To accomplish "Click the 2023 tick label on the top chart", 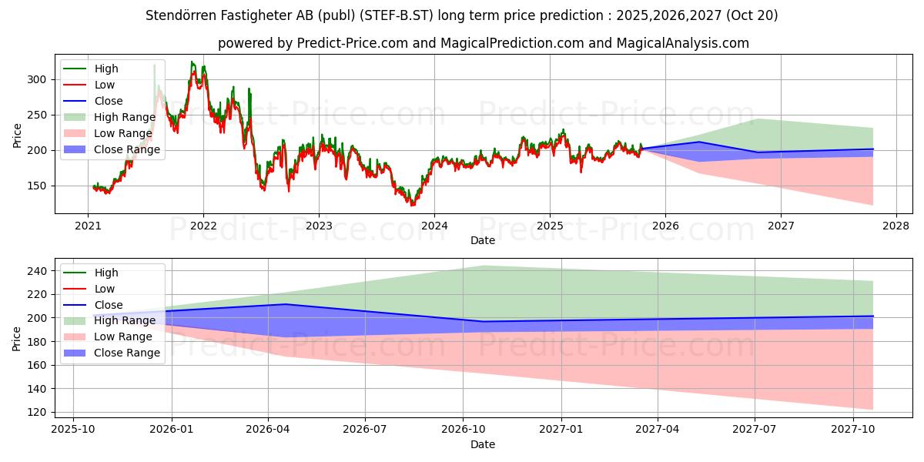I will point(319,226).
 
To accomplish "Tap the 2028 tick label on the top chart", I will point(896,226).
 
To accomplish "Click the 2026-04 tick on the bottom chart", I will point(268,429).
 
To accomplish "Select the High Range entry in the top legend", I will point(126,117).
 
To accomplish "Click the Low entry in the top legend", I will point(105,85).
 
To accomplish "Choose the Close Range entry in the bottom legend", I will point(127,353).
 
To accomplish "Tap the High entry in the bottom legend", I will point(106,273).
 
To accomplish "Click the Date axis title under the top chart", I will point(483,241).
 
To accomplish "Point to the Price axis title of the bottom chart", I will point(17,337).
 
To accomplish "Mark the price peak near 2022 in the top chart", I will point(192,62).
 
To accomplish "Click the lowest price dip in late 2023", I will point(412,204).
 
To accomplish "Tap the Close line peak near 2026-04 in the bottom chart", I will point(285,304).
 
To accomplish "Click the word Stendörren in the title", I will point(183,15).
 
